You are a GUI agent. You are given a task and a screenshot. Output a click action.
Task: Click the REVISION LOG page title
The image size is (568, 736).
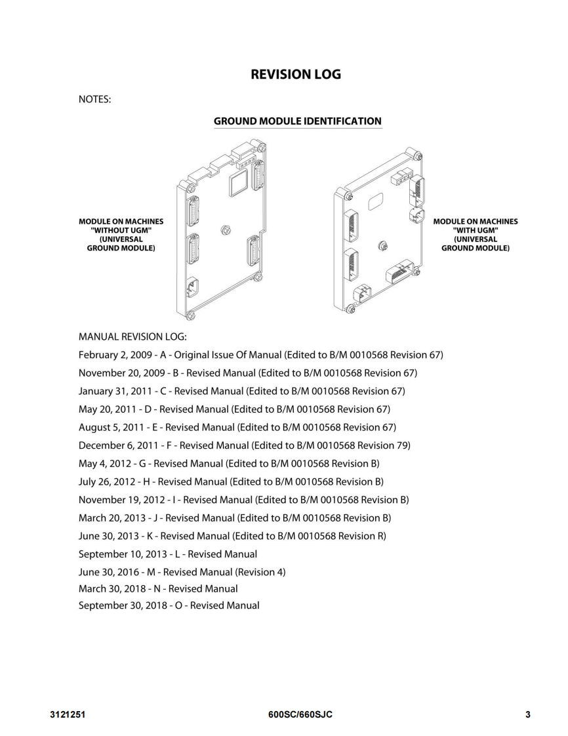[x=296, y=74]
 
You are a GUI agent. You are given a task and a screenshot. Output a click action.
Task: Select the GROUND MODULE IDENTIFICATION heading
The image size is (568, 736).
[x=298, y=121]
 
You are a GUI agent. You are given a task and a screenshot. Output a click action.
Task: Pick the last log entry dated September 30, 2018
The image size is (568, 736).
[x=169, y=605]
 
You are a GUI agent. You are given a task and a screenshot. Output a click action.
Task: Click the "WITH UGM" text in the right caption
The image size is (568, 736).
[x=476, y=230]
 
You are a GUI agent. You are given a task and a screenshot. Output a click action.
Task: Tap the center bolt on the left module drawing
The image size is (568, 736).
[x=225, y=229]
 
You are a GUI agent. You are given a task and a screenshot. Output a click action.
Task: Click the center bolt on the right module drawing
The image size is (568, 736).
[x=384, y=247]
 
